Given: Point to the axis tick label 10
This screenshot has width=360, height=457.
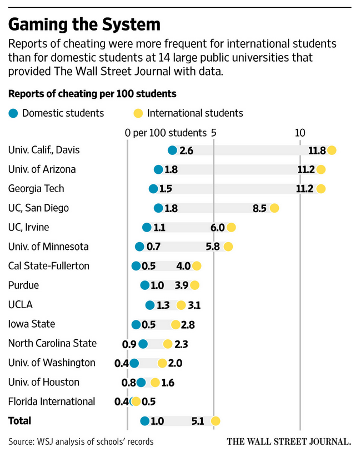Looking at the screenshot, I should pyautogui.click(x=300, y=133).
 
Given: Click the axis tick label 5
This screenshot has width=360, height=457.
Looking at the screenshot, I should pyautogui.click(x=213, y=133).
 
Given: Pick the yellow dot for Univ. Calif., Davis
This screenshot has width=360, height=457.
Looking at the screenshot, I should pyautogui.click(x=332, y=150).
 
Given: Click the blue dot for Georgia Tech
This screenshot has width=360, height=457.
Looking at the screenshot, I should pyautogui.click(x=153, y=189).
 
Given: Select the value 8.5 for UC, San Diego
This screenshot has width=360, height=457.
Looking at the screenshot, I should pyautogui.click(x=259, y=208).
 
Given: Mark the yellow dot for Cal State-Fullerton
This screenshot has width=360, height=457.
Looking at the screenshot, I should pyautogui.click(x=197, y=266).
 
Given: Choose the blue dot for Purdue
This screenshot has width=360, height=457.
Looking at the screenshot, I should pyautogui.click(x=145, y=285).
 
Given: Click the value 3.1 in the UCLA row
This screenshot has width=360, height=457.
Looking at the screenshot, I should pyautogui.click(x=194, y=305).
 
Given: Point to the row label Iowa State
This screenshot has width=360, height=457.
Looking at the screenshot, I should pyautogui.click(x=32, y=324).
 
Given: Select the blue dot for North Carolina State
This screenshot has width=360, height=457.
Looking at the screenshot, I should pyautogui.click(x=143, y=343).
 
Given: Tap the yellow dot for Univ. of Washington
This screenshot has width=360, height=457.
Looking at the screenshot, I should pyautogui.click(x=162, y=363).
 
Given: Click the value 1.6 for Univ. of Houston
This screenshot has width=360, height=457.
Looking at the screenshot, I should pyautogui.click(x=168, y=382).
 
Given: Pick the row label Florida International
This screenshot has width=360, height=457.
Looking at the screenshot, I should pyautogui.click(x=52, y=401).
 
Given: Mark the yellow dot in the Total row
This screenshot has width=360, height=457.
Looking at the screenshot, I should pyautogui.click(x=216, y=421).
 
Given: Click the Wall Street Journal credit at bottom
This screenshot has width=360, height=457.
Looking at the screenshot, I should pyautogui.click(x=289, y=442).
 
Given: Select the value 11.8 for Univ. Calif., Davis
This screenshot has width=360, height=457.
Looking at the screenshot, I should pyautogui.click(x=317, y=150).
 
